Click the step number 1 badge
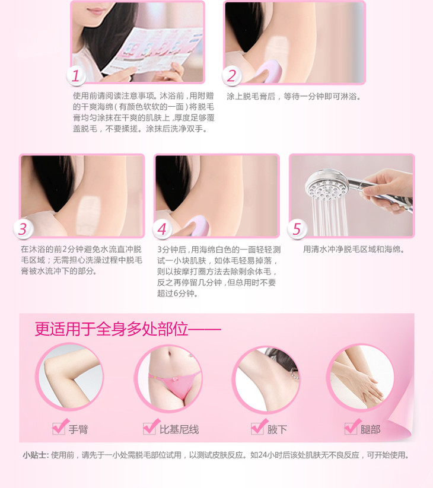coord(76,76)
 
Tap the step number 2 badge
coord(231,76)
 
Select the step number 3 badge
coord(23,229)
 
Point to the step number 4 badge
coord(162,229)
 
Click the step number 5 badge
coord(297,229)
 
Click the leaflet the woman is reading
coord(152,50)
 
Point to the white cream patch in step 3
coord(88,212)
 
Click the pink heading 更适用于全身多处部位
coord(112,329)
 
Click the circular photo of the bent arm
coord(69,377)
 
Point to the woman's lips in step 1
coord(97,11)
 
